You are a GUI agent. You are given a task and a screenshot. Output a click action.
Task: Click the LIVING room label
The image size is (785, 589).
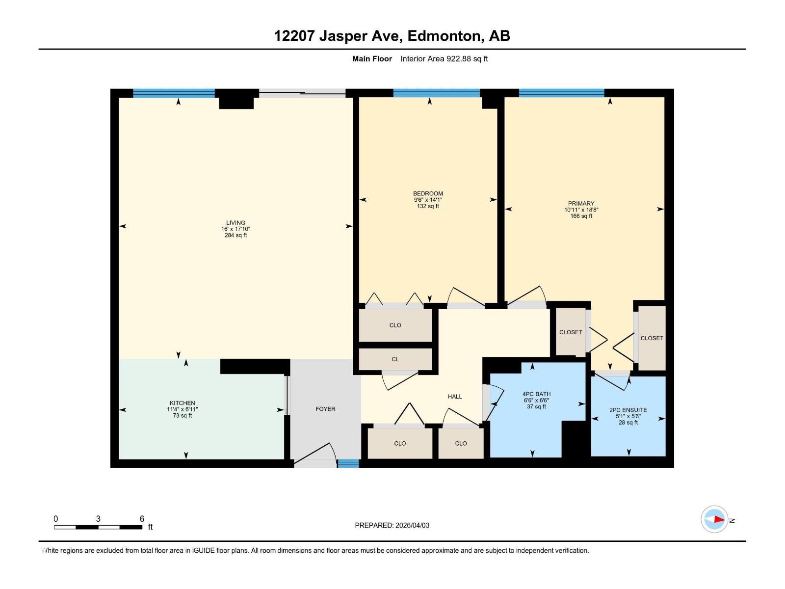point(235,223)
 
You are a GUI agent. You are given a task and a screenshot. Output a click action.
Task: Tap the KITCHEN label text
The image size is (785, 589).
point(183,403)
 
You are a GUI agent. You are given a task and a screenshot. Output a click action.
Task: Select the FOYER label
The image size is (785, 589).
point(325,409)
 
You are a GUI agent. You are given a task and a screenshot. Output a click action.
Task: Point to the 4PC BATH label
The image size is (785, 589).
point(536,394)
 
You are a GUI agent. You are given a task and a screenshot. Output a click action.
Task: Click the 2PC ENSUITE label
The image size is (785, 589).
point(628,410)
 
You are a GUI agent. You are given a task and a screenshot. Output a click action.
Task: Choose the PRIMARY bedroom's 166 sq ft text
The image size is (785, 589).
point(581,216)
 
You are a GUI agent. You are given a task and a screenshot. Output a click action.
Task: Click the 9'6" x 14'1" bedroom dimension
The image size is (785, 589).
point(428,200)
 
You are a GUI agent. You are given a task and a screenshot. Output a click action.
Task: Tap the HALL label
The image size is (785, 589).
point(455,397)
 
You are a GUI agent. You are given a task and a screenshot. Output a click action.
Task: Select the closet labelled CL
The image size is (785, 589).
point(395,359)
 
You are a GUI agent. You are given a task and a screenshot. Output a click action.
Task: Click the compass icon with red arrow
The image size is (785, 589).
point(714,519)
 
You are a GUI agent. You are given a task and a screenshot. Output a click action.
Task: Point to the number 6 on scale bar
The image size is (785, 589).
point(142,519)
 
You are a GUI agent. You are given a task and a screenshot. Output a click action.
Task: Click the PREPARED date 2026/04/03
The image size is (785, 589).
point(412,525)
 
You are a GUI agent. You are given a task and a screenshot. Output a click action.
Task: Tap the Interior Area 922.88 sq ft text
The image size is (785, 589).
point(444,59)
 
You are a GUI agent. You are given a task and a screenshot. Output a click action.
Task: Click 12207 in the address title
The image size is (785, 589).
point(294,36)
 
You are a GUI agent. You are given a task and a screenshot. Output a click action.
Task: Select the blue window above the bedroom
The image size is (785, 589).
point(436,93)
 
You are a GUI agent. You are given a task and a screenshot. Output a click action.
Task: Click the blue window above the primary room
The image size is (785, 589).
point(561,93)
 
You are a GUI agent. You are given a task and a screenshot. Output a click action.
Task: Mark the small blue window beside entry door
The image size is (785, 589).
point(348,463)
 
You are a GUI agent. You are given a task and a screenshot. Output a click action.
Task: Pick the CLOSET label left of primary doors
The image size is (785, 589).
point(571,332)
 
